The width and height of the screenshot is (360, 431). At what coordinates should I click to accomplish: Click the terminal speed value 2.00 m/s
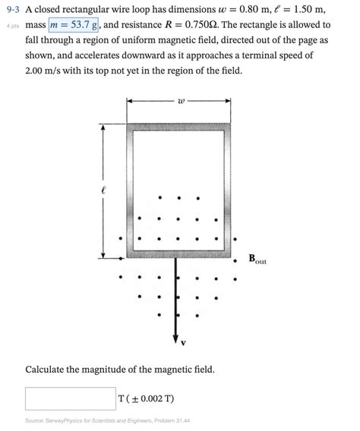(x=45, y=70)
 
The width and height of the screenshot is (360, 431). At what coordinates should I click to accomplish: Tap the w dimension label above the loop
(x=179, y=100)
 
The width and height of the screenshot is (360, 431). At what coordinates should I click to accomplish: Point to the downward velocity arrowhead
(x=177, y=333)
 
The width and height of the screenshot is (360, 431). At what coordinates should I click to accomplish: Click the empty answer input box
(x=70, y=398)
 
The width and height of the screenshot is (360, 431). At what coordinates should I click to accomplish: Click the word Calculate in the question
(x=49, y=370)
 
